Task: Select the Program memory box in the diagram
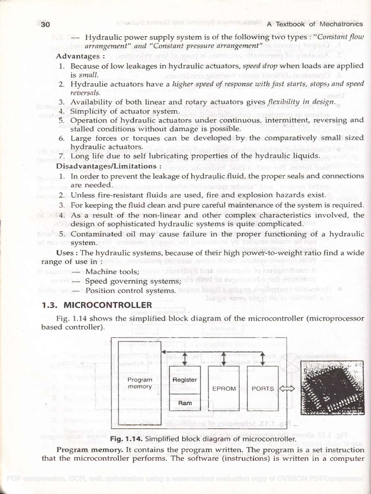pyautogui.click(x=140, y=383)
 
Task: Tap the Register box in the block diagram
pyautogui.click(x=185, y=380)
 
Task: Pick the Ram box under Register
pyautogui.click(x=185, y=403)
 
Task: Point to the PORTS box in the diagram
pyautogui.click(x=263, y=388)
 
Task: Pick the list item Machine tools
pyautogui.click(x=112, y=272)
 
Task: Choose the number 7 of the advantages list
pyautogui.click(x=61, y=156)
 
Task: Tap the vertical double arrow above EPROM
pyautogui.click(x=224, y=358)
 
